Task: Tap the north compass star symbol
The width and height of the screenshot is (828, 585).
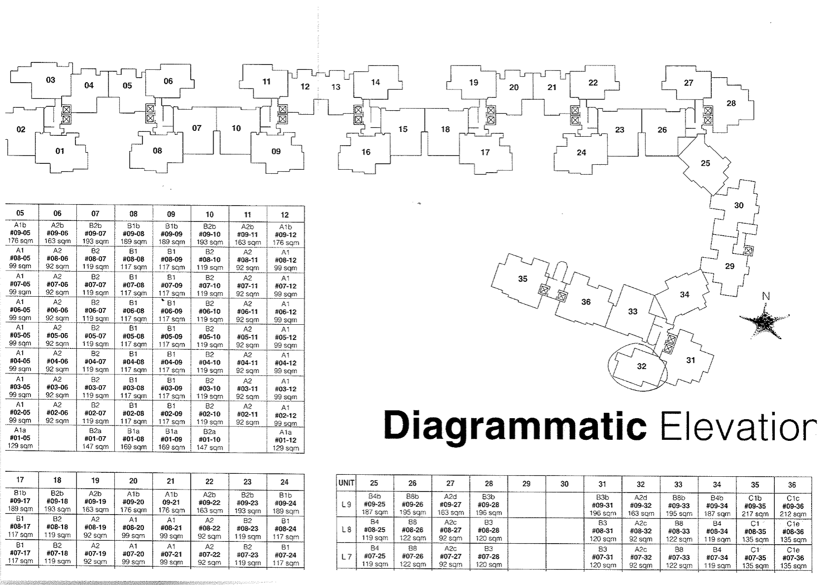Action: pyautogui.click(x=764, y=322)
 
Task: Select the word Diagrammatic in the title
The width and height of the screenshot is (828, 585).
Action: pyautogui.click(x=515, y=426)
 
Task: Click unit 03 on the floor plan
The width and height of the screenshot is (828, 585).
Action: pyautogui.click(x=50, y=80)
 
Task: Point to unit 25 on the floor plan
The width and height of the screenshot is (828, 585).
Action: pyautogui.click(x=705, y=163)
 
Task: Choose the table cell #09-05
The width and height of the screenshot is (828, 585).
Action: pyautogui.click(x=20, y=233)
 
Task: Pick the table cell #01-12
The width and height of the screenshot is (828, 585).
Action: pyautogui.click(x=286, y=440)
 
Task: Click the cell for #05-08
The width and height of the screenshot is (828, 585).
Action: pyautogui.click(x=133, y=337)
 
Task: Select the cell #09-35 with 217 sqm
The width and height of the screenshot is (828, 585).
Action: pyautogui.click(x=755, y=506)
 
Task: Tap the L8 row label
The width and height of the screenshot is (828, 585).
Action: pyautogui.click(x=346, y=530)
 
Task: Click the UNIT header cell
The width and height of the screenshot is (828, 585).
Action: pyautogui.click(x=346, y=483)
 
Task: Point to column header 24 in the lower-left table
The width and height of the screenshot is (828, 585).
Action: pyautogui.click(x=285, y=482)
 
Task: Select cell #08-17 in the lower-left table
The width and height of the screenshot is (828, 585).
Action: pyautogui.click(x=20, y=526)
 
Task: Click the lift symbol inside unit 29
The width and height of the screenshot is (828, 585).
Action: pyautogui.click(x=748, y=250)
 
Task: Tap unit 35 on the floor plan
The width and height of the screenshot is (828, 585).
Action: pyautogui.click(x=523, y=279)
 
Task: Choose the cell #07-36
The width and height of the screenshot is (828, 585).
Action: pyautogui.click(x=793, y=557)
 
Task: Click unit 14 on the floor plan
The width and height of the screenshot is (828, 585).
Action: pyautogui.click(x=375, y=82)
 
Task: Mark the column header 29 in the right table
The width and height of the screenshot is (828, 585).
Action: pyautogui.click(x=526, y=484)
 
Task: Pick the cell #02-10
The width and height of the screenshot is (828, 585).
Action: pyautogui.click(x=210, y=414)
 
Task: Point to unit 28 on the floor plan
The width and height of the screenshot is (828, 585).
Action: pyautogui.click(x=731, y=103)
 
